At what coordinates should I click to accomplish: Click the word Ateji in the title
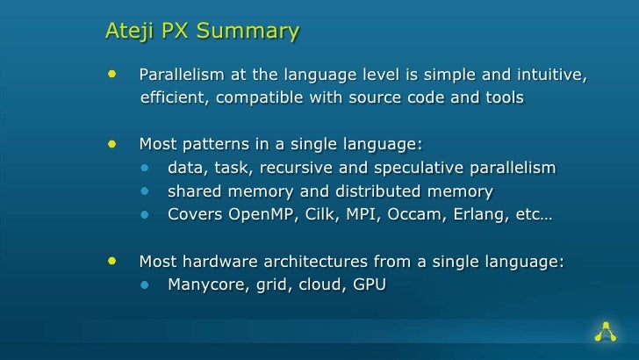coord(128,32)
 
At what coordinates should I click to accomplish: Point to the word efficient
coord(172,97)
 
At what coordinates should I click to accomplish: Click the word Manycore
coord(205,284)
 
